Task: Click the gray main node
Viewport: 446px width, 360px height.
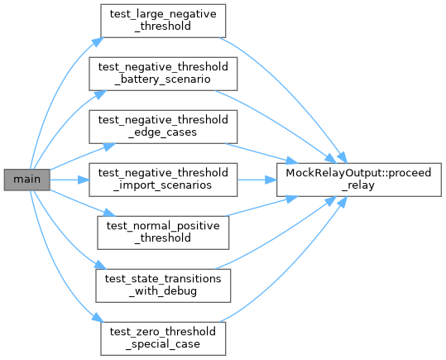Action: point(27,180)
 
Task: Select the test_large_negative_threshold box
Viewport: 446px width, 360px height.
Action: point(163,21)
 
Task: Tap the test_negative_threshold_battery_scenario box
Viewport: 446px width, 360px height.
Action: point(163,74)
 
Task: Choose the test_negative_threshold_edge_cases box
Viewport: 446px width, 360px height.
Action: point(163,127)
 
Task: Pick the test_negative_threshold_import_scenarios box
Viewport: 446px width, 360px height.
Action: point(163,180)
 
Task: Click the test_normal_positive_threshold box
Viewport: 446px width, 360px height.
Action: point(163,233)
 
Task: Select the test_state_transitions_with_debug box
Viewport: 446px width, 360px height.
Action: point(163,286)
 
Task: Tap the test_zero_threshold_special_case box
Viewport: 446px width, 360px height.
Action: point(163,338)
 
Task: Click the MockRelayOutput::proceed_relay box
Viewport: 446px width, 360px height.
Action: point(359,180)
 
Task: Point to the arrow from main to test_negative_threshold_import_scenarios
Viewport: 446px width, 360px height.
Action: point(70,180)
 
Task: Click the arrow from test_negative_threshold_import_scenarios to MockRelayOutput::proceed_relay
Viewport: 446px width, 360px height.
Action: point(257,180)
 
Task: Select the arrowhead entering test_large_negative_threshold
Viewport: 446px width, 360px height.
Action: point(98,41)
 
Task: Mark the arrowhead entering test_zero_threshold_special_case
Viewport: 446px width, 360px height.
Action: point(98,317)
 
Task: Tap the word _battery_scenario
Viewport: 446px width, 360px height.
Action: point(163,79)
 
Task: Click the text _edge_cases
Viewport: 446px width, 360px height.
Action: point(163,132)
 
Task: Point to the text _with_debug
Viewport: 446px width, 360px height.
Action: point(163,291)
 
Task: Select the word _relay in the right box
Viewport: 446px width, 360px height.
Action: point(358,185)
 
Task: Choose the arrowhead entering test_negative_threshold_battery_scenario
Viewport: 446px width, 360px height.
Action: point(100,94)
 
